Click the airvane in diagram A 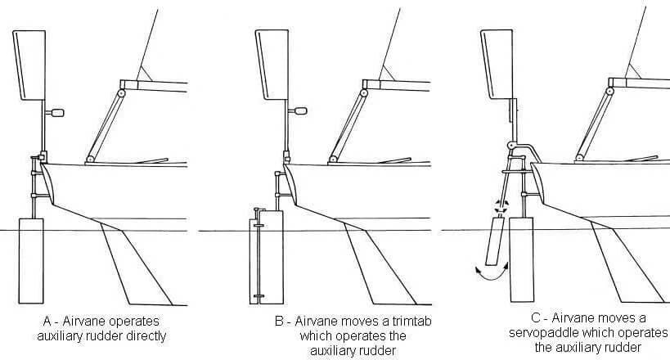[x=30, y=61]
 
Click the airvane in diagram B [x=271, y=61]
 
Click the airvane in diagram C [x=497, y=59]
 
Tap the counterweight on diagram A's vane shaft [x=58, y=110]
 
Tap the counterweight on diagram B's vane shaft [x=299, y=110]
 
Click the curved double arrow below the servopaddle [x=492, y=271]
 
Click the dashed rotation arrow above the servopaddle [x=501, y=205]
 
